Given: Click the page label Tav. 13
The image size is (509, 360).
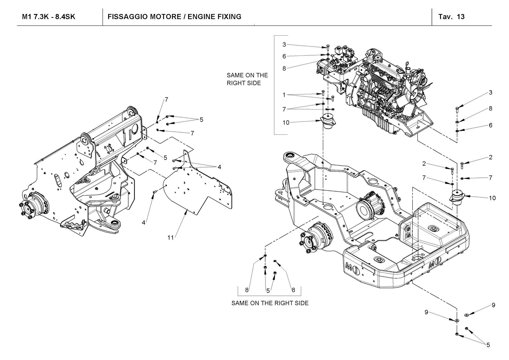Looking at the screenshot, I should (x=451, y=17).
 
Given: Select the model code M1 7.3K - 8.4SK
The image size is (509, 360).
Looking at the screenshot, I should (x=49, y=17).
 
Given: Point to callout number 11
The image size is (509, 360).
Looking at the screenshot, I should (x=170, y=238).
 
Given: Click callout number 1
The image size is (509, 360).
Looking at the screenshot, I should (x=284, y=95).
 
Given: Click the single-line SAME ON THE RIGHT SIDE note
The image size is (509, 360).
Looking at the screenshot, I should (x=270, y=303).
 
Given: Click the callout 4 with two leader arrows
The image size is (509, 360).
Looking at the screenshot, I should (x=219, y=167).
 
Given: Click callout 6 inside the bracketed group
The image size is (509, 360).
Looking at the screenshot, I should (x=284, y=56).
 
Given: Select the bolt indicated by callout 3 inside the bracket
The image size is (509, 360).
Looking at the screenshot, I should (x=328, y=47).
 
